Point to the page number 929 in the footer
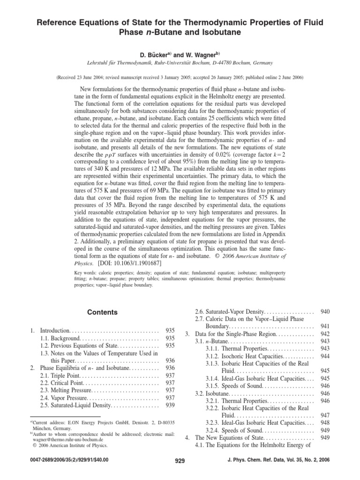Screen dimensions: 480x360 [x=180, y=461]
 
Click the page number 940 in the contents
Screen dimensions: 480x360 [x=324, y=312]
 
